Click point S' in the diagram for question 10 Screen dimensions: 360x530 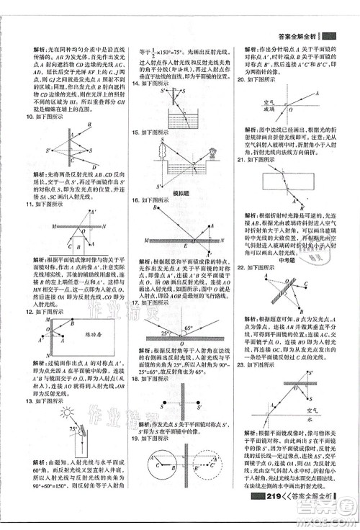49,151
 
